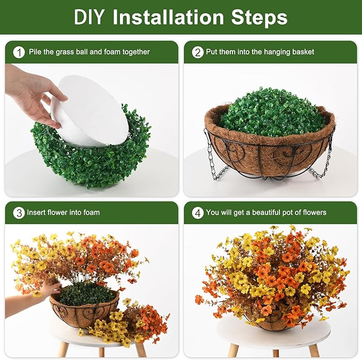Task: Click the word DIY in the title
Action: click(89, 17)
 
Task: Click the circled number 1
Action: click(19, 53)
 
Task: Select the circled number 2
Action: click(198, 53)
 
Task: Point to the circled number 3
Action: click(19, 213)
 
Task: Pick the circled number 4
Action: click(198, 213)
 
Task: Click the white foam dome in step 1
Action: click(90, 111)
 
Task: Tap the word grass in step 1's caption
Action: click(62, 52)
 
